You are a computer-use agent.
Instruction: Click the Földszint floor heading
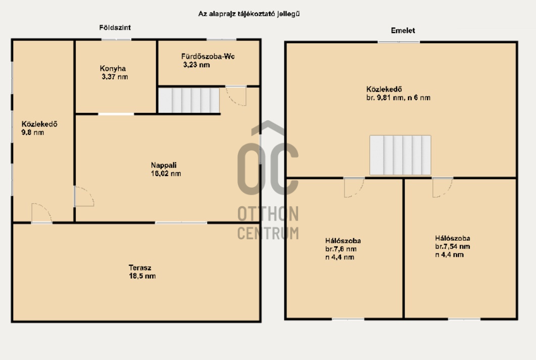(x=115, y=27)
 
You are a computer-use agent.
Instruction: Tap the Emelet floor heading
(x=403, y=30)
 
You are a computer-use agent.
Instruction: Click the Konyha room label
(x=113, y=68)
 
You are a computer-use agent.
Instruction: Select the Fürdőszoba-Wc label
(x=208, y=57)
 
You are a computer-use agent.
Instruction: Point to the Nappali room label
(x=164, y=165)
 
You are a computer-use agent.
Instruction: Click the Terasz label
(x=140, y=267)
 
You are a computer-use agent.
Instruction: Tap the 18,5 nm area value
(x=142, y=276)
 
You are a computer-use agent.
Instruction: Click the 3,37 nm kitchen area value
(x=115, y=77)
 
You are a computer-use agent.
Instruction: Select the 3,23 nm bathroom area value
(x=197, y=65)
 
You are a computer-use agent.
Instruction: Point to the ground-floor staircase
(x=189, y=100)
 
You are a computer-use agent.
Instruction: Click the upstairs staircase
(x=400, y=155)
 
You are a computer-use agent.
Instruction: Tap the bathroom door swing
(x=236, y=96)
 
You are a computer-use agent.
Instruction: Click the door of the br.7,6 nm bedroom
(x=354, y=187)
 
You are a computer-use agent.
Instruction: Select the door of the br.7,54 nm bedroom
(x=443, y=187)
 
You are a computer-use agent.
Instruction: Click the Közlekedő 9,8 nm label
(x=39, y=128)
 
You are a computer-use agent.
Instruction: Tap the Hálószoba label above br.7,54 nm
(x=453, y=238)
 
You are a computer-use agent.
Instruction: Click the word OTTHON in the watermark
(x=268, y=214)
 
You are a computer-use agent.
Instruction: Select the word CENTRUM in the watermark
(x=268, y=233)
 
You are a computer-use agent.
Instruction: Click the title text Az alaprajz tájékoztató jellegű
(x=249, y=14)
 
